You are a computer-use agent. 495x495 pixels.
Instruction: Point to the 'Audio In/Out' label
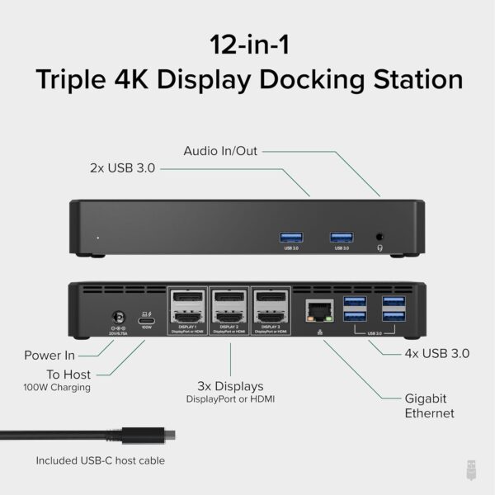(x=220, y=150)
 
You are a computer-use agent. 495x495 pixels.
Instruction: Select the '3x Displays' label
(x=229, y=386)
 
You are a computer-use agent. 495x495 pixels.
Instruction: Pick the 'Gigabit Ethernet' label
(x=429, y=404)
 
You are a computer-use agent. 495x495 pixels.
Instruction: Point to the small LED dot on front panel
(x=98, y=238)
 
